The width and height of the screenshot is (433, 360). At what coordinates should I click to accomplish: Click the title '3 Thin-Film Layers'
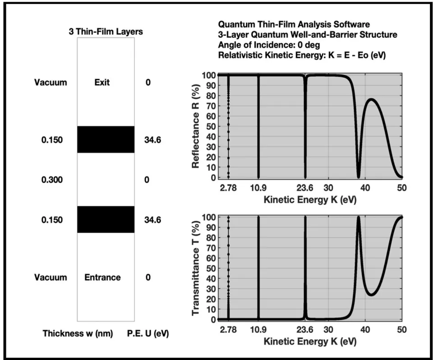[106, 32]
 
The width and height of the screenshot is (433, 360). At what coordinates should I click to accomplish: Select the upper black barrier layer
[106, 139]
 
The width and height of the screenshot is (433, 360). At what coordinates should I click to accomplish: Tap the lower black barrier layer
[106, 219]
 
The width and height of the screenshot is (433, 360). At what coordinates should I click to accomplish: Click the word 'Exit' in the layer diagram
[102, 83]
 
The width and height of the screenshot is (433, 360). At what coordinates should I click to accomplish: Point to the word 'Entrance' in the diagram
[102, 277]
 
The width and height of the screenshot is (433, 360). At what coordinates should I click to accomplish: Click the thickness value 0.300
[52, 180]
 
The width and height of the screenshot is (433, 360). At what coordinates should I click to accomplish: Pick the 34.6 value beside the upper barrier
[152, 140]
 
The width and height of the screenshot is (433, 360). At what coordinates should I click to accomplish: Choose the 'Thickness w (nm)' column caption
[78, 333]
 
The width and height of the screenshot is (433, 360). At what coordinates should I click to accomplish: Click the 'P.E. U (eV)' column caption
[148, 333]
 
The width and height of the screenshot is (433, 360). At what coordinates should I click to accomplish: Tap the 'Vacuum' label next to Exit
[51, 83]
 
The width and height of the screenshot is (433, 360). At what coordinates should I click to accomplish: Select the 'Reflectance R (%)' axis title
[195, 126]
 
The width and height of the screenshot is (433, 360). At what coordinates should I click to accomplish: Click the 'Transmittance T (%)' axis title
[195, 268]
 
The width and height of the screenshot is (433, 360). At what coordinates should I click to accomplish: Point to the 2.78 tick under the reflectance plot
[228, 188]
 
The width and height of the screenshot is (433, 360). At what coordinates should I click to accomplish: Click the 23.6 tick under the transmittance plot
[305, 330]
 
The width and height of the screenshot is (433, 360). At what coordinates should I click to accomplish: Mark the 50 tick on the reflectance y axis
[209, 126]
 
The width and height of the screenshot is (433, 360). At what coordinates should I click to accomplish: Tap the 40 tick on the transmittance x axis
[365, 330]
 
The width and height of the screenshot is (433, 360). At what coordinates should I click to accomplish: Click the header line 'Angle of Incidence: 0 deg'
[269, 45]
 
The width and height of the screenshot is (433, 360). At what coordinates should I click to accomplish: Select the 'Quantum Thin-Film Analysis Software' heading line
[294, 24]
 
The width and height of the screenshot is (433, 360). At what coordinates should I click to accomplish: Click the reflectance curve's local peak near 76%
[371, 99]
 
